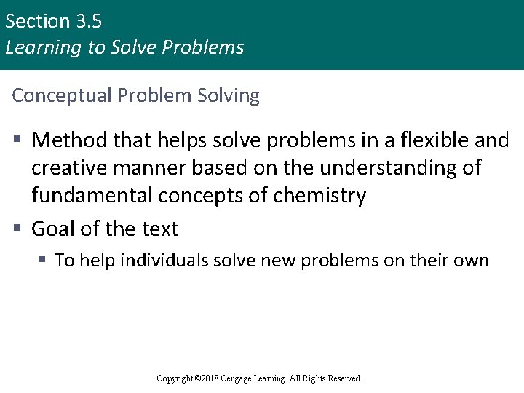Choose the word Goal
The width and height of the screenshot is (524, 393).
(55, 229)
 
